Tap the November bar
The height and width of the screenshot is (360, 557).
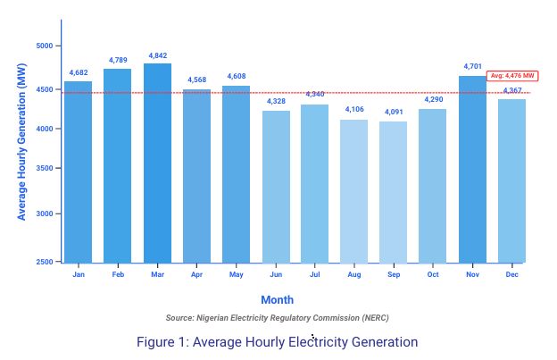(472, 170)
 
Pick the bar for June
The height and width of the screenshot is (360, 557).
(276, 187)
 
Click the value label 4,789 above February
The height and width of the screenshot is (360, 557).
(118, 60)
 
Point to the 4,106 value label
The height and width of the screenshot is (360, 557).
(354, 109)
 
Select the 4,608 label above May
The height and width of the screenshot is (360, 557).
(236, 77)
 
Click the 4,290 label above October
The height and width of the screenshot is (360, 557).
(433, 99)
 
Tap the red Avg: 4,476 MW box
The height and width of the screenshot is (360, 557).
(513, 77)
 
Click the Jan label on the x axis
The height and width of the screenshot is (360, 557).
(79, 274)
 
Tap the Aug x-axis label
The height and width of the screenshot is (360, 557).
(354, 274)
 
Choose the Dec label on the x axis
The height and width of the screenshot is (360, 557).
(511, 274)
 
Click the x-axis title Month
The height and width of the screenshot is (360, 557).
(277, 300)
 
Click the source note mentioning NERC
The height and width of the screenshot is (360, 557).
(277, 318)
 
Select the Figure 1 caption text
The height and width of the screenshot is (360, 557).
(277, 342)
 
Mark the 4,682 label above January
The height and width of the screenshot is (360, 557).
(79, 72)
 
